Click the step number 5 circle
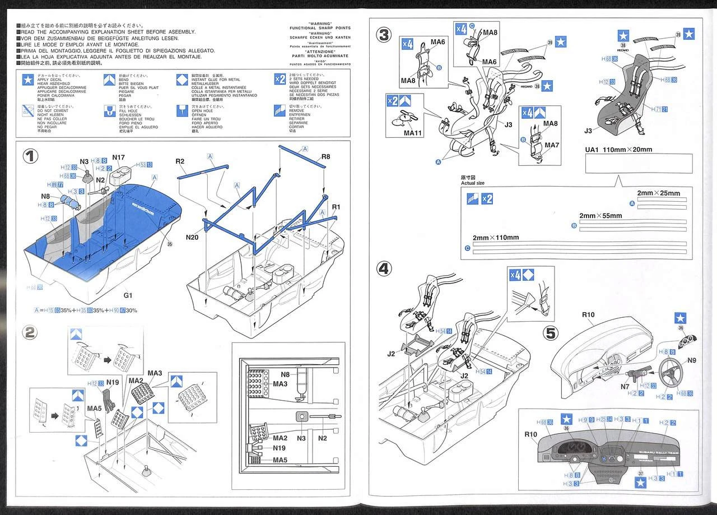552,333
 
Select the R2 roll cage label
180,162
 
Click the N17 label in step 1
119,157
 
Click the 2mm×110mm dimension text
496,238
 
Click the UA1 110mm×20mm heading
618,150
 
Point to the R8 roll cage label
327,157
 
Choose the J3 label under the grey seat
588,131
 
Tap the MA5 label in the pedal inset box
281,460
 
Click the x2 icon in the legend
280,78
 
